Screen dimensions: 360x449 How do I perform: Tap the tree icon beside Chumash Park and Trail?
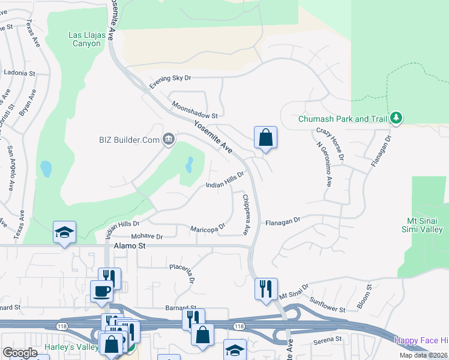(x=396, y=118)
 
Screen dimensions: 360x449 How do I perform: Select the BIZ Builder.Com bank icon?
(x=169, y=140)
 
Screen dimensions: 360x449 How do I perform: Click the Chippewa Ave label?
(x=246, y=214)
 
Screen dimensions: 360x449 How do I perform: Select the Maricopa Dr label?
(x=207, y=228)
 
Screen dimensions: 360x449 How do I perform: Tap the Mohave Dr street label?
(x=146, y=236)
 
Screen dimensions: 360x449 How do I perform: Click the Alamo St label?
(x=125, y=246)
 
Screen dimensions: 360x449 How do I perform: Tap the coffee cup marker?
(x=101, y=291)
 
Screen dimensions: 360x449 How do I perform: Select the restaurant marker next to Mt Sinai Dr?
(x=265, y=289)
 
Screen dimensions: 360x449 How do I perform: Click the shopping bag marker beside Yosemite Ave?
(x=265, y=138)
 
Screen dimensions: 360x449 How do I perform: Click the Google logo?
(x=20, y=352)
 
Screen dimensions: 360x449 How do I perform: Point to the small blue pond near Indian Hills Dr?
(x=190, y=164)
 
